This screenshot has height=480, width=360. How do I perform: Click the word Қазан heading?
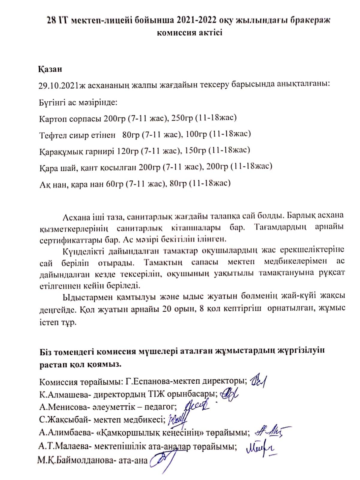point(50,69)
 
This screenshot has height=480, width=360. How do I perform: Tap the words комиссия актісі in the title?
point(189,32)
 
